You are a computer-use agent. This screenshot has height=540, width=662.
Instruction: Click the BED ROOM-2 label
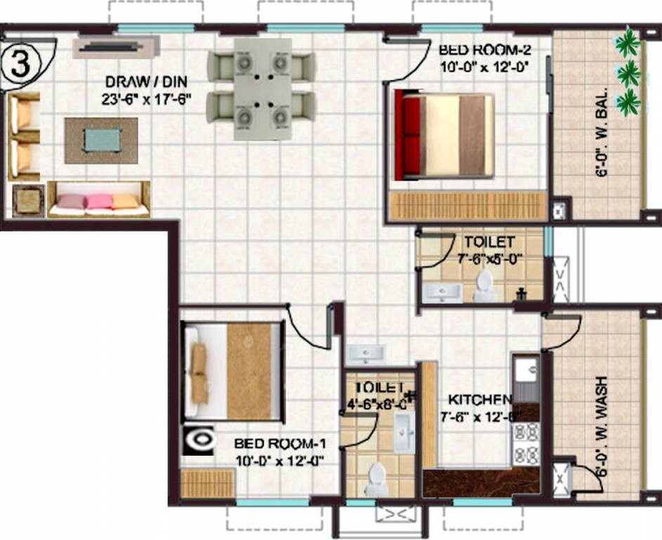click(484, 51)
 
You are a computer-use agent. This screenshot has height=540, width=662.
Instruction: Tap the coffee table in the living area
click(101, 140)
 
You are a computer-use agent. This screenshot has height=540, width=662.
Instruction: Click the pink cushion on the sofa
click(99, 202)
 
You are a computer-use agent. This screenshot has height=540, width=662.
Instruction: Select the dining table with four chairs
click(261, 88)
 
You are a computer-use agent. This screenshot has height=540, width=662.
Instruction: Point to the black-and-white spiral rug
click(201, 440)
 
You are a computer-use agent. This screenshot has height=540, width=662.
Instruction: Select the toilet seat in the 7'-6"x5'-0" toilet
click(484, 285)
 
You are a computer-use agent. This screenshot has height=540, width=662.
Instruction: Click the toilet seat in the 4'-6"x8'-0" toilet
click(376, 477)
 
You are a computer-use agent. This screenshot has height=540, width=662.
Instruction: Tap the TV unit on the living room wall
click(117, 47)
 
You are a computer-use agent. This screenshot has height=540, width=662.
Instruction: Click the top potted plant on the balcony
click(627, 44)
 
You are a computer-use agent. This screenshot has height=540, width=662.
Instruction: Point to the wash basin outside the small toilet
click(365, 353)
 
